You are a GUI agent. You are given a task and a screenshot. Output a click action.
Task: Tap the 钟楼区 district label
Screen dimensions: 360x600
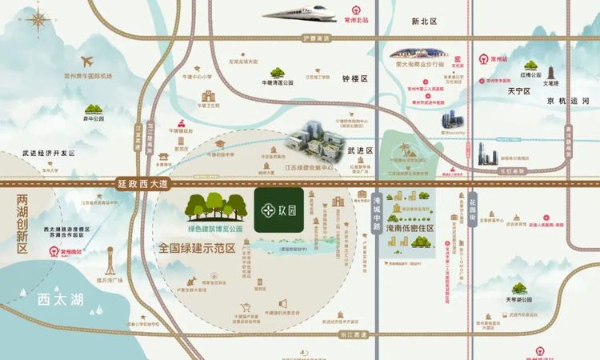click(354, 79)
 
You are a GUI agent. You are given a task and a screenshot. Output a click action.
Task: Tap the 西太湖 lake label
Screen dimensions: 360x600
click(54, 300)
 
